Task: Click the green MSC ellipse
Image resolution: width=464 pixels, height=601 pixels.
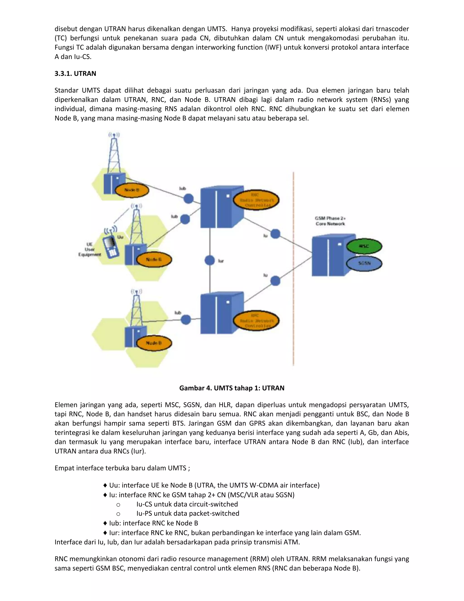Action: [364, 246]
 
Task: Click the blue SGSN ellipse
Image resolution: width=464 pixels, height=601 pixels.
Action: [364, 263]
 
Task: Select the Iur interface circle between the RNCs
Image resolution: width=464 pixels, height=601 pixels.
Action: [210, 260]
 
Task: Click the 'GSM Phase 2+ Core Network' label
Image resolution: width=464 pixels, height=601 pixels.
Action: [330, 221]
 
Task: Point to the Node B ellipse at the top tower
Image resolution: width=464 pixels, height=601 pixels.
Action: [132, 190]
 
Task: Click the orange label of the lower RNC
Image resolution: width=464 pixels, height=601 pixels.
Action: [256, 321]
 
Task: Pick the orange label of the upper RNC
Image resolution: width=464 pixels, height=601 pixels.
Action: [256, 200]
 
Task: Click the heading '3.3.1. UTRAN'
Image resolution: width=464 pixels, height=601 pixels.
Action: [75, 73]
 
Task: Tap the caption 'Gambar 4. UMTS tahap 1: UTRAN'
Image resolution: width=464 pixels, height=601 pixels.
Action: [232, 388]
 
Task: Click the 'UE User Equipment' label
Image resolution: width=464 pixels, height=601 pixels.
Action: [90, 249]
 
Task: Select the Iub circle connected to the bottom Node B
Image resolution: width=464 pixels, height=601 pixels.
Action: [186, 320]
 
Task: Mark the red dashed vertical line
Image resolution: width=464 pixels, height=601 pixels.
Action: [293, 270]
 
